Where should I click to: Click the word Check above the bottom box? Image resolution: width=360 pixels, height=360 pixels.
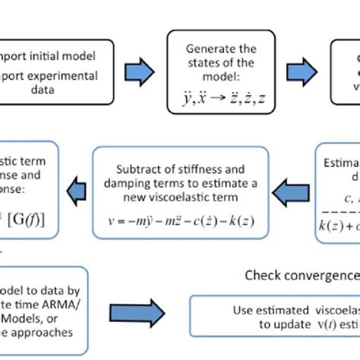(x=262, y=275)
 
